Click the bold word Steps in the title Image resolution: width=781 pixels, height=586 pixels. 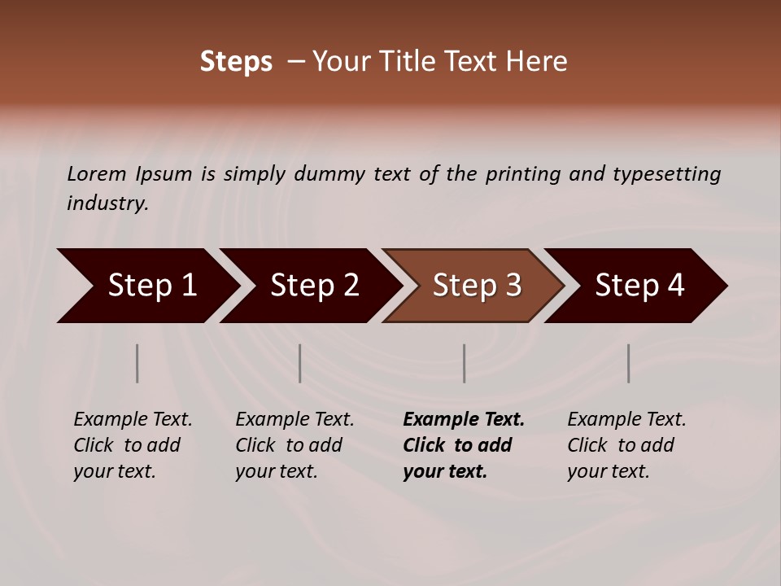click(236, 62)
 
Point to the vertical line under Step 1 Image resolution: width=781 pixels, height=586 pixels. click(137, 363)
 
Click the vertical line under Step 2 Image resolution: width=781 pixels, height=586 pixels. click(300, 363)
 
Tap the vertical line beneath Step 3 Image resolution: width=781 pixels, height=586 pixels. click(465, 363)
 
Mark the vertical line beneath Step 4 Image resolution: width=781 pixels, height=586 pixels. click(629, 363)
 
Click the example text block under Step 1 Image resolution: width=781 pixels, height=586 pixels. click(133, 445)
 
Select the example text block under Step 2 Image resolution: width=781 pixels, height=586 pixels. click(295, 445)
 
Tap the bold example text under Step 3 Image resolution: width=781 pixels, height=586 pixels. click(463, 445)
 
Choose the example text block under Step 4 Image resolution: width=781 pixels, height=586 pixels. click(626, 445)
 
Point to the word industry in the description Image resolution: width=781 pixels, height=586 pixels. click(107, 203)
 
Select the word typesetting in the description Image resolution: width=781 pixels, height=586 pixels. click(666, 173)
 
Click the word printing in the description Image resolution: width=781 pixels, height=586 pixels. click(524, 173)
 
